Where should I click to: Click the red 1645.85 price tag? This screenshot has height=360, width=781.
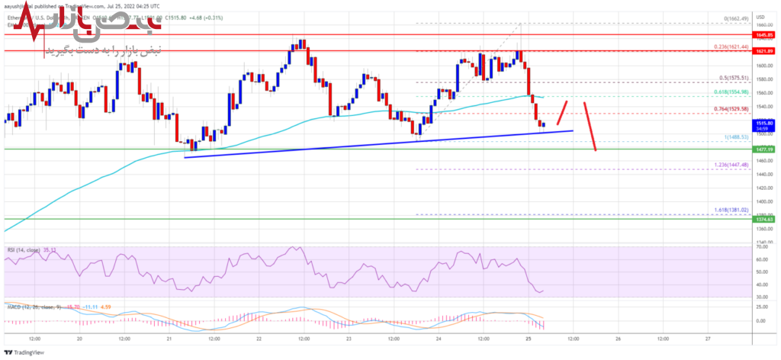pyautogui.click(x=765, y=35)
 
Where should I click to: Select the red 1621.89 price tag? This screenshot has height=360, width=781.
pyautogui.click(x=765, y=50)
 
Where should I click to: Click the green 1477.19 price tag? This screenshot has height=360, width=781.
pyautogui.click(x=765, y=150)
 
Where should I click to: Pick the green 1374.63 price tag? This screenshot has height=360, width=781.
pyautogui.click(x=765, y=219)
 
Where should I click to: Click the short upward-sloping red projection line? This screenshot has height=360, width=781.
pyautogui.click(x=563, y=112)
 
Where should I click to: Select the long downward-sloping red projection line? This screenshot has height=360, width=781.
pyautogui.click(x=590, y=126)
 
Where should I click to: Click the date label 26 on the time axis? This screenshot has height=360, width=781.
pyautogui.click(x=619, y=338)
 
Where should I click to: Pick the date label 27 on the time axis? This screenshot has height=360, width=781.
pyautogui.click(x=708, y=338)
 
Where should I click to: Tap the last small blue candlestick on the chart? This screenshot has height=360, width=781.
pyautogui.click(x=543, y=124)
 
